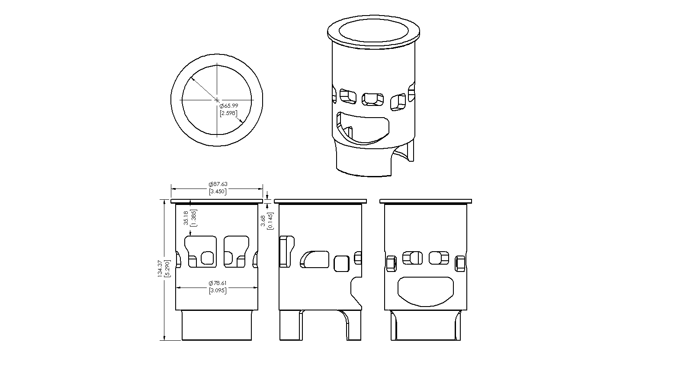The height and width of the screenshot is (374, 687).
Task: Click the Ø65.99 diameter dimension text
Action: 229,106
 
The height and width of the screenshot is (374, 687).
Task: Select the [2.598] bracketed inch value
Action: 228,113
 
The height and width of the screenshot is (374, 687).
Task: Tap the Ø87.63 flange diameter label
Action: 218,184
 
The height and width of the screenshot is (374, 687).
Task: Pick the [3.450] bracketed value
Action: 218,192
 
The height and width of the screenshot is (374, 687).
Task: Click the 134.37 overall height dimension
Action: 160,269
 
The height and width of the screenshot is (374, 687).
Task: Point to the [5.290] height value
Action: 167,269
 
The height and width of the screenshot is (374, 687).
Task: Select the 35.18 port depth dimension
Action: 186,218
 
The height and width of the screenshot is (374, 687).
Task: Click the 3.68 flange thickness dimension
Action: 263,221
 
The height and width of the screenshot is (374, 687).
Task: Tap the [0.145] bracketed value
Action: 270,221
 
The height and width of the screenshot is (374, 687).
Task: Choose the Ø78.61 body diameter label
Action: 218,283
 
